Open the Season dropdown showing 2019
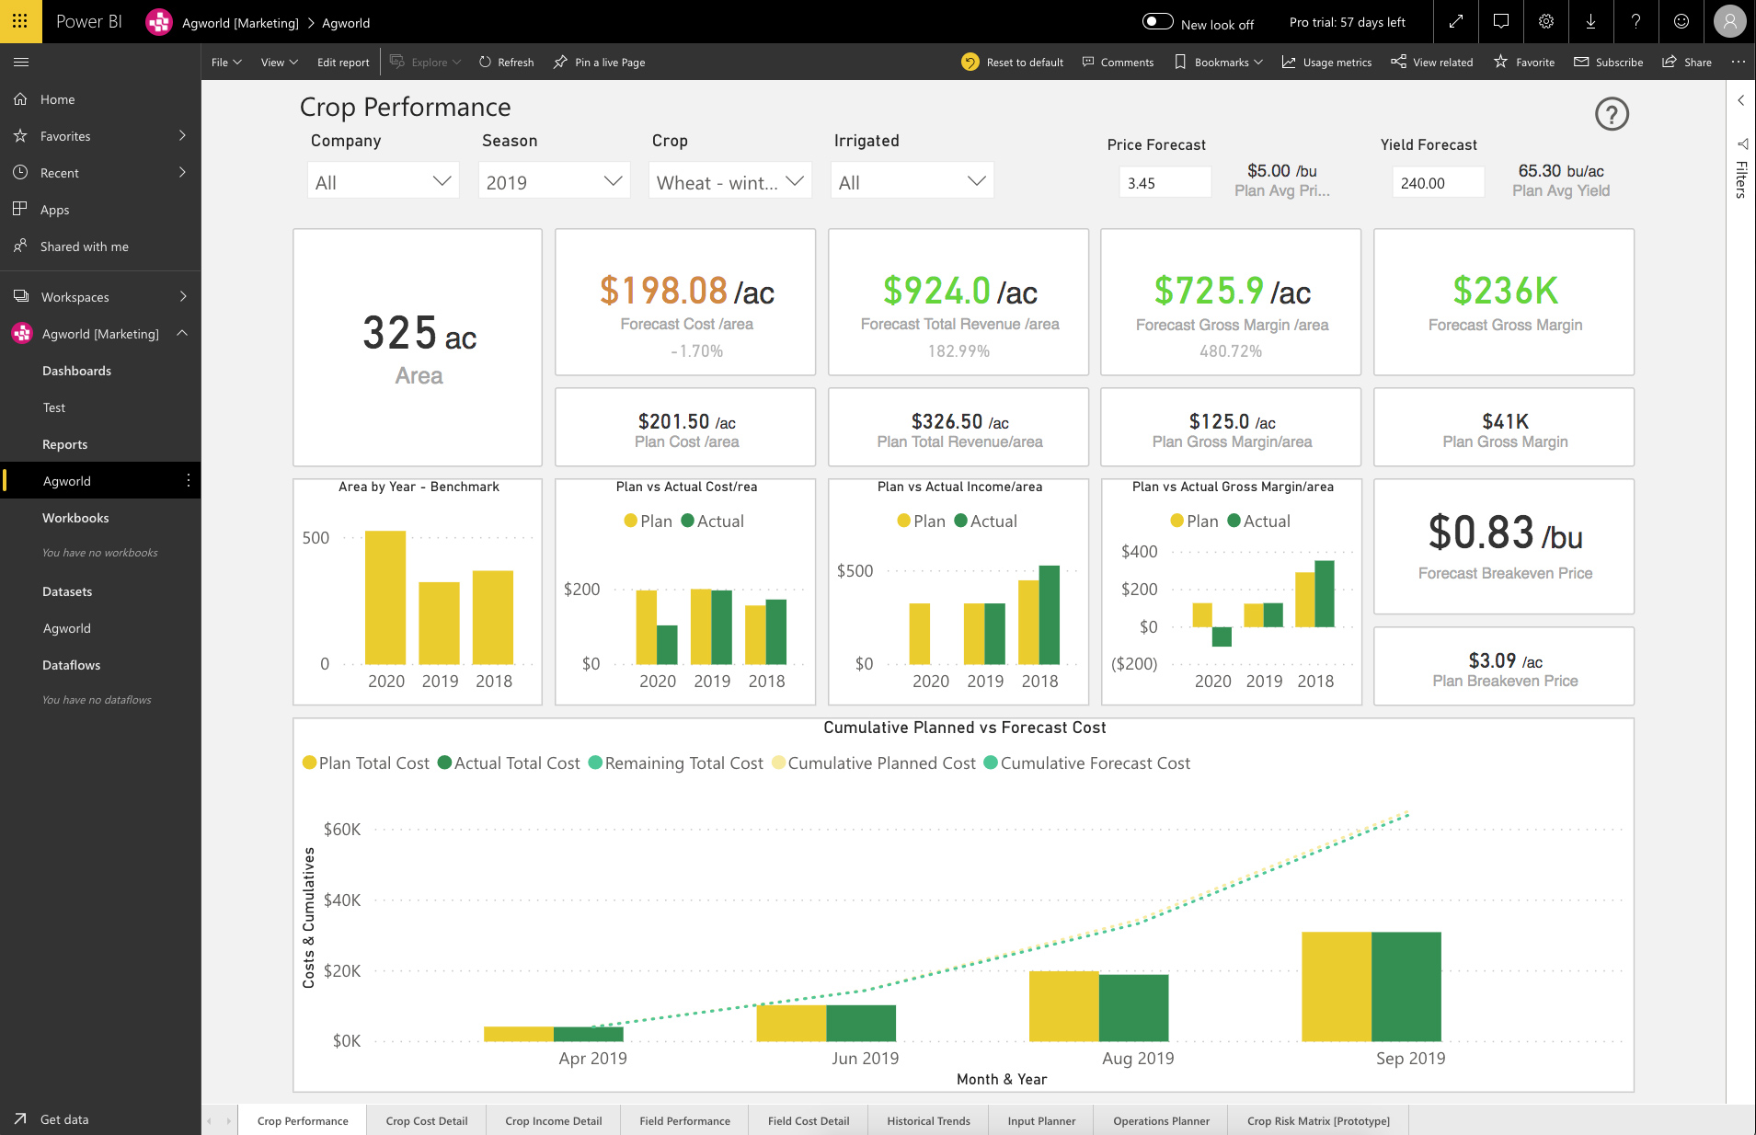pos(554,181)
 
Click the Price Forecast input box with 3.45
pos(1165,182)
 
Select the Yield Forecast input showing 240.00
pos(1438,182)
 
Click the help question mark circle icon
pos(1612,114)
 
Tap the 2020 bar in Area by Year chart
pos(385,597)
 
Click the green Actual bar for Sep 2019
pos(1406,986)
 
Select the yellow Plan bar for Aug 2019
pos(1064,1005)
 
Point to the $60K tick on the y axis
pos(342,829)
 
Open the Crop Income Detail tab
pos(554,1120)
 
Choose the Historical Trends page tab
pos(928,1120)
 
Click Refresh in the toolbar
pos(507,63)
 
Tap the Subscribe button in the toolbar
pos(1609,63)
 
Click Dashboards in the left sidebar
pos(76,371)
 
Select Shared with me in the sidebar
pos(85,246)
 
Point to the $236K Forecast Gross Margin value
pos(1505,291)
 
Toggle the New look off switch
pos(1157,22)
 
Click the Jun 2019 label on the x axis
pos(865,1058)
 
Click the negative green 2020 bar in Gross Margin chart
pos(1222,636)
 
